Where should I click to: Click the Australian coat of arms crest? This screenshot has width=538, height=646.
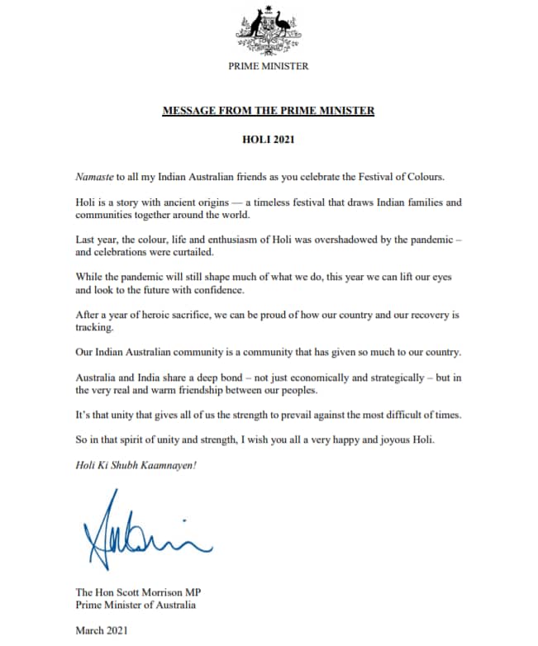pos(269,30)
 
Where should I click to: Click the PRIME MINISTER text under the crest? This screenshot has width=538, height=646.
pos(269,66)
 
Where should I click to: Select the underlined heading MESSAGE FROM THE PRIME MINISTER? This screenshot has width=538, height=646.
pos(269,110)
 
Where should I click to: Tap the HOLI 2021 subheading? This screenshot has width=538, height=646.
pos(269,140)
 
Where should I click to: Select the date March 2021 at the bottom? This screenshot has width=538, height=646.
pos(101,630)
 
